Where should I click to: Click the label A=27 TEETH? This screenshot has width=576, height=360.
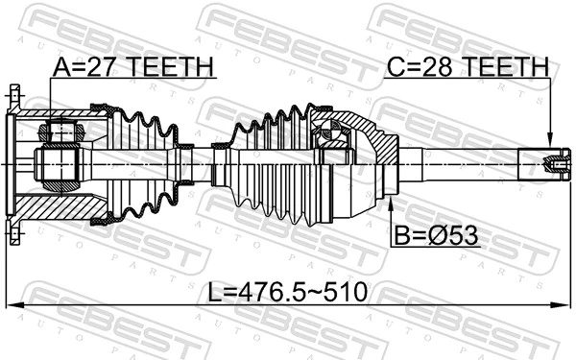point(132,66)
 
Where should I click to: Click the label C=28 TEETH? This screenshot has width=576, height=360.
point(468,66)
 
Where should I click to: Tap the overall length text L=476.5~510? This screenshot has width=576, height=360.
point(287,291)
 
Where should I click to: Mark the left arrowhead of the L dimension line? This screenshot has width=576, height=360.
point(12,306)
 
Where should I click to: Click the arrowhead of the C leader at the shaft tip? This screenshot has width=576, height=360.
point(549,145)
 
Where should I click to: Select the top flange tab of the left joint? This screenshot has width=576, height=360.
point(14,96)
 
